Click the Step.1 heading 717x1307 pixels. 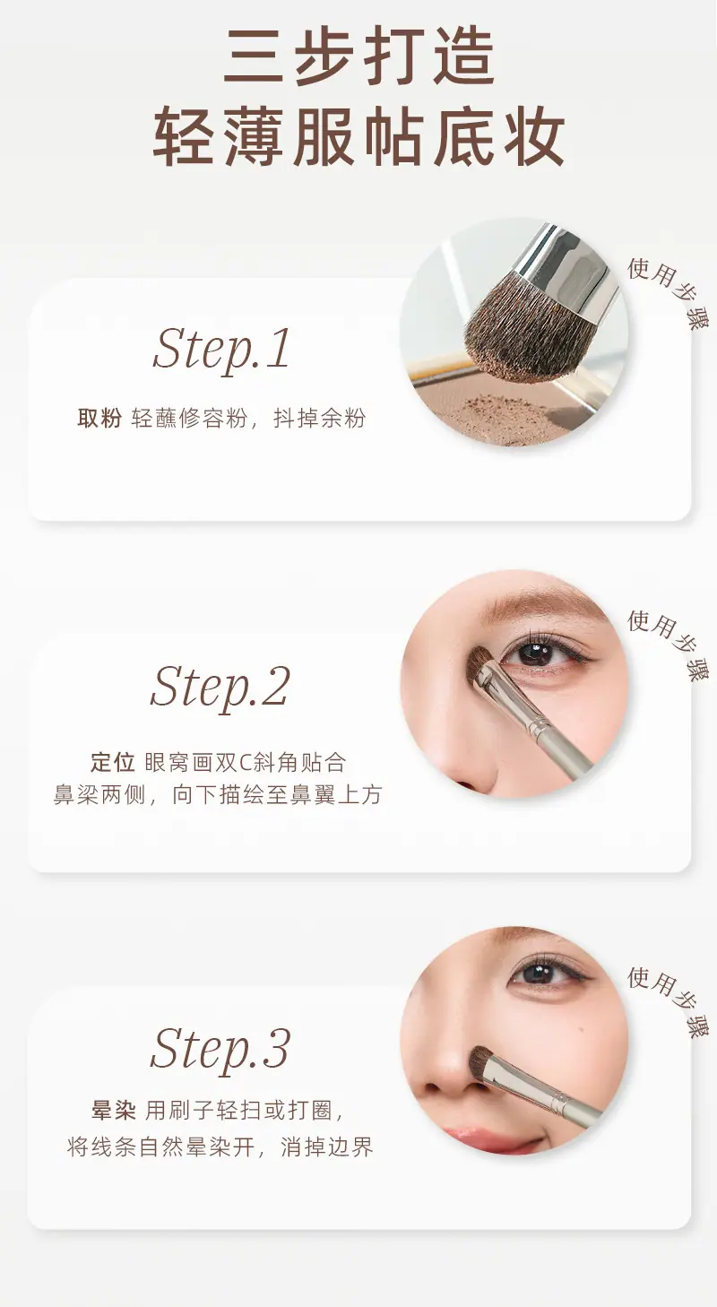coord(221,350)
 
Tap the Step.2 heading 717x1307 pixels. coord(220,687)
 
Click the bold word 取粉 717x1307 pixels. coord(99,419)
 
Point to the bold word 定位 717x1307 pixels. coord(113,762)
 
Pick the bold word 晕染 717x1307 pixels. coord(113,1110)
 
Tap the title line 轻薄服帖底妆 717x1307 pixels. coord(358,138)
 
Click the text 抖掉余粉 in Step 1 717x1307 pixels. coord(320,419)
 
